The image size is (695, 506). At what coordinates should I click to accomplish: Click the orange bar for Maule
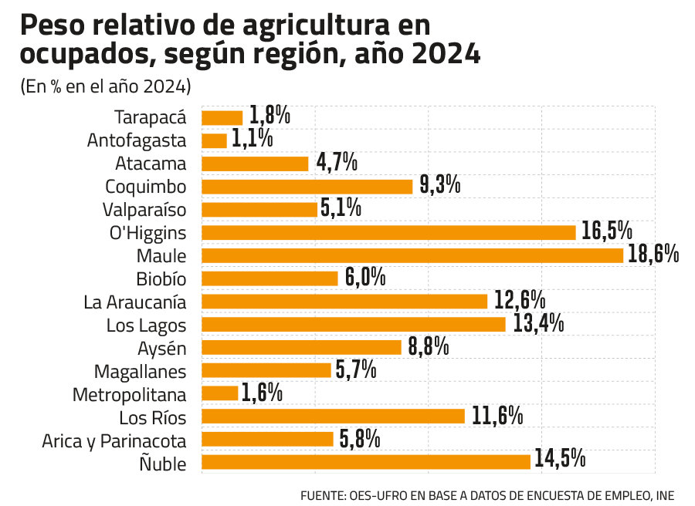(x=412, y=255)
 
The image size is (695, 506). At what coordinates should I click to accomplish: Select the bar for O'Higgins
(x=388, y=232)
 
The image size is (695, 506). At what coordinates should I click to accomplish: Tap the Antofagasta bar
(x=214, y=141)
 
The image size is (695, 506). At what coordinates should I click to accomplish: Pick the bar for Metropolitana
(x=220, y=393)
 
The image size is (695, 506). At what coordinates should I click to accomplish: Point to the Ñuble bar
(x=366, y=462)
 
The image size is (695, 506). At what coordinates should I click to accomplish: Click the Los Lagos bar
(x=354, y=324)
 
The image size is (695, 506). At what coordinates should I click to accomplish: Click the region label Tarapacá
(x=151, y=118)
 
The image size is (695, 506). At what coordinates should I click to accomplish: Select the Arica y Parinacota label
(x=114, y=441)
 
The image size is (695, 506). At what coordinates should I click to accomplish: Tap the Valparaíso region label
(x=144, y=210)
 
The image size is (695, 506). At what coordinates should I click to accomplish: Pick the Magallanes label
(x=140, y=372)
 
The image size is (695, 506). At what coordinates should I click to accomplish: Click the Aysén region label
(x=161, y=349)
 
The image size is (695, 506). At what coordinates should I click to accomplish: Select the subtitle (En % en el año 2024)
(x=106, y=85)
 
